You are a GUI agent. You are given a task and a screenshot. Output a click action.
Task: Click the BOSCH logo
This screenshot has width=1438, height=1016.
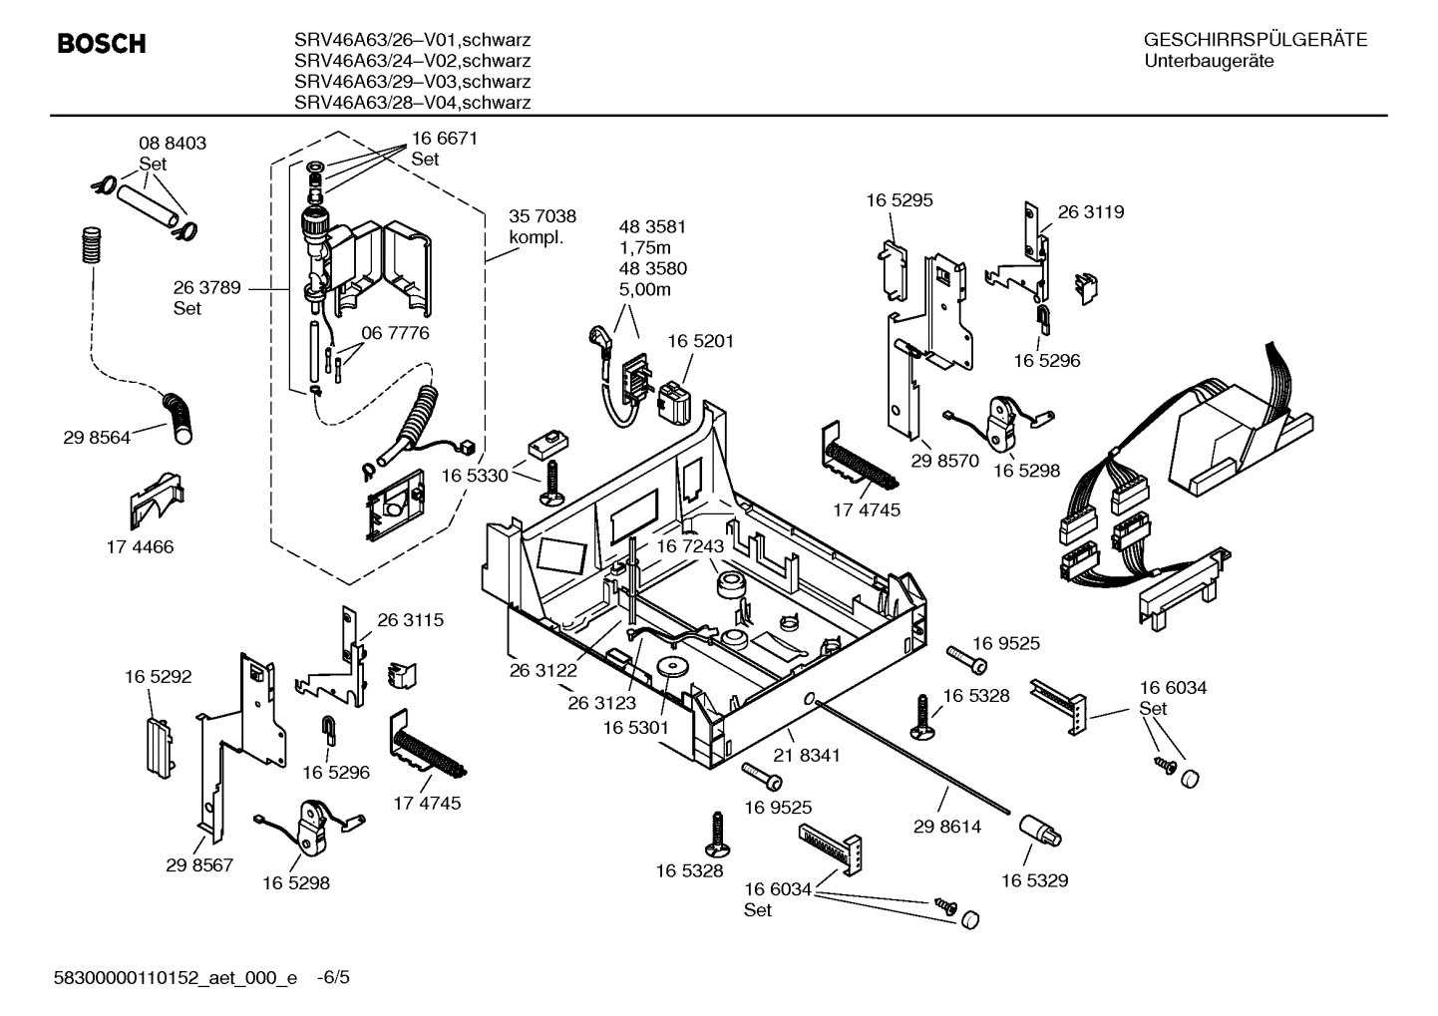coord(102,44)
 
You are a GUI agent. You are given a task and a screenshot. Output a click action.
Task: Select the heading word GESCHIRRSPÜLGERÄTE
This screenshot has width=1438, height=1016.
coord(1255,40)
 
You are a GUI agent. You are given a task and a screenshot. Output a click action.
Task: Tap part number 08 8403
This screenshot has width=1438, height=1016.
coord(172,143)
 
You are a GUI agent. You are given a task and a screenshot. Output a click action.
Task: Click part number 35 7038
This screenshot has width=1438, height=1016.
coord(542,216)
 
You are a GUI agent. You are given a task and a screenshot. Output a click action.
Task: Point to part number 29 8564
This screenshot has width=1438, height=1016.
coord(97,437)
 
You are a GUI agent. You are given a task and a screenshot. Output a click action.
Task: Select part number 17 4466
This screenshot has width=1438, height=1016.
coord(140,546)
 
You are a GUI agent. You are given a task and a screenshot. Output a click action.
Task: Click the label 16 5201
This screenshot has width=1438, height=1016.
coord(700,341)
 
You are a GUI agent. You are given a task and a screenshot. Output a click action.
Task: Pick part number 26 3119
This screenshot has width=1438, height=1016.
coord(1090,211)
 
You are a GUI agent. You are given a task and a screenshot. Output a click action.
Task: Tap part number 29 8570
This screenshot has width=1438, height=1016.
coord(944,461)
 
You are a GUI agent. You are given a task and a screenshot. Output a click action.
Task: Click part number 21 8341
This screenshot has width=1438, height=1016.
coord(807,756)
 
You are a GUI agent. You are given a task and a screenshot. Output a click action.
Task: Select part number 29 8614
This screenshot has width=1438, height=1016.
coord(947,827)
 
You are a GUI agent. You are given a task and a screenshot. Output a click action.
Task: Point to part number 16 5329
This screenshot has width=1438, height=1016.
coord(1034,880)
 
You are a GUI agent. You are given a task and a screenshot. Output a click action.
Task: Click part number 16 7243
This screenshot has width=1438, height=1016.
coord(689,547)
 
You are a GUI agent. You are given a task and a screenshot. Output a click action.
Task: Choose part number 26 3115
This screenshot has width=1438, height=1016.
coord(410,619)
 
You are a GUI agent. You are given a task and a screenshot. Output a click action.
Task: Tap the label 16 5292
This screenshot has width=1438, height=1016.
coord(158,676)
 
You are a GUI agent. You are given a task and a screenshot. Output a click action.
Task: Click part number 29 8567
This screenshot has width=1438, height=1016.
coord(199,864)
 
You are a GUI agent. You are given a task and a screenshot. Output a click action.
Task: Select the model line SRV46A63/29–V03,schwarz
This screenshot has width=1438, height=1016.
coord(412,82)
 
